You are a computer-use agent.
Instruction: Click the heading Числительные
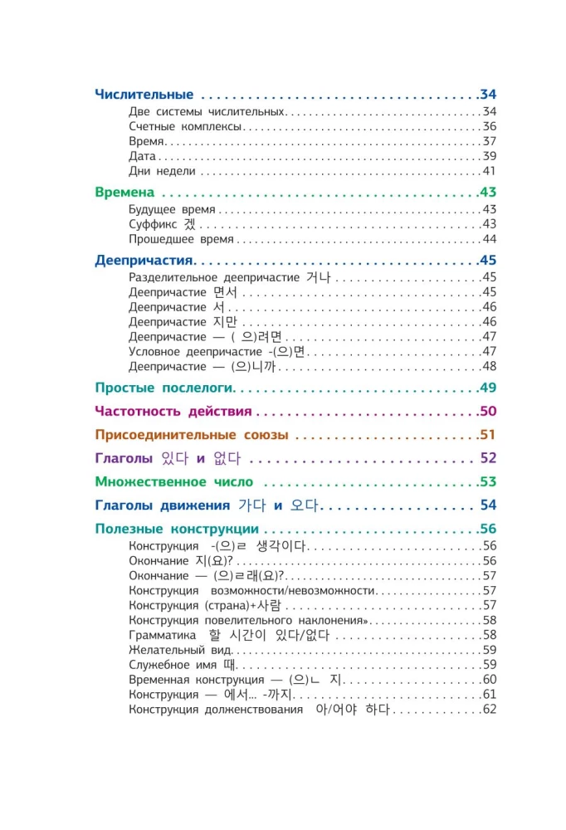click(x=144, y=94)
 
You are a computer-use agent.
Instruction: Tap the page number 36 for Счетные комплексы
click(x=489, y=127)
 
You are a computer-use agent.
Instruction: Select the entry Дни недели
click(x=163, y=171)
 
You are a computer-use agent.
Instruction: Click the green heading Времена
click(x=125, y=192)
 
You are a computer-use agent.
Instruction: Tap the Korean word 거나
click(x=320, y=277)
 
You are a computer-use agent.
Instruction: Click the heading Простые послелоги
click(x=165, y=388)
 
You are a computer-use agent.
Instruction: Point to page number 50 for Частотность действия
click(x=488, y=411)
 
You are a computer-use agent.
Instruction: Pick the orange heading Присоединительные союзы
click(x=192, y=434)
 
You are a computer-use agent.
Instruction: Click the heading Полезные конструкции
click(x=177, y=529)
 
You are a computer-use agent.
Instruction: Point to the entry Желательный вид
click(x=172, y=650)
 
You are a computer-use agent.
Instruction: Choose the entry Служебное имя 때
click(x=183, y=665)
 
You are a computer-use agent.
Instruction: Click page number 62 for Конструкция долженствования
click(x=489, y=710)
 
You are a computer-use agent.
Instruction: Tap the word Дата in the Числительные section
click(x=142, y=156)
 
